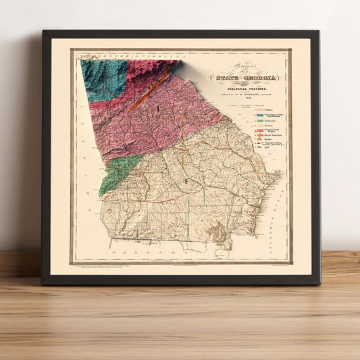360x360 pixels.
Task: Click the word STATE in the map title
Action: (x=226, y=78)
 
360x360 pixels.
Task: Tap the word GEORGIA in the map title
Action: (x=259, y=78)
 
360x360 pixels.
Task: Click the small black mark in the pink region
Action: (x=155, y=107)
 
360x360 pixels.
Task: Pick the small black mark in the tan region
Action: (x=185, y=181)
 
